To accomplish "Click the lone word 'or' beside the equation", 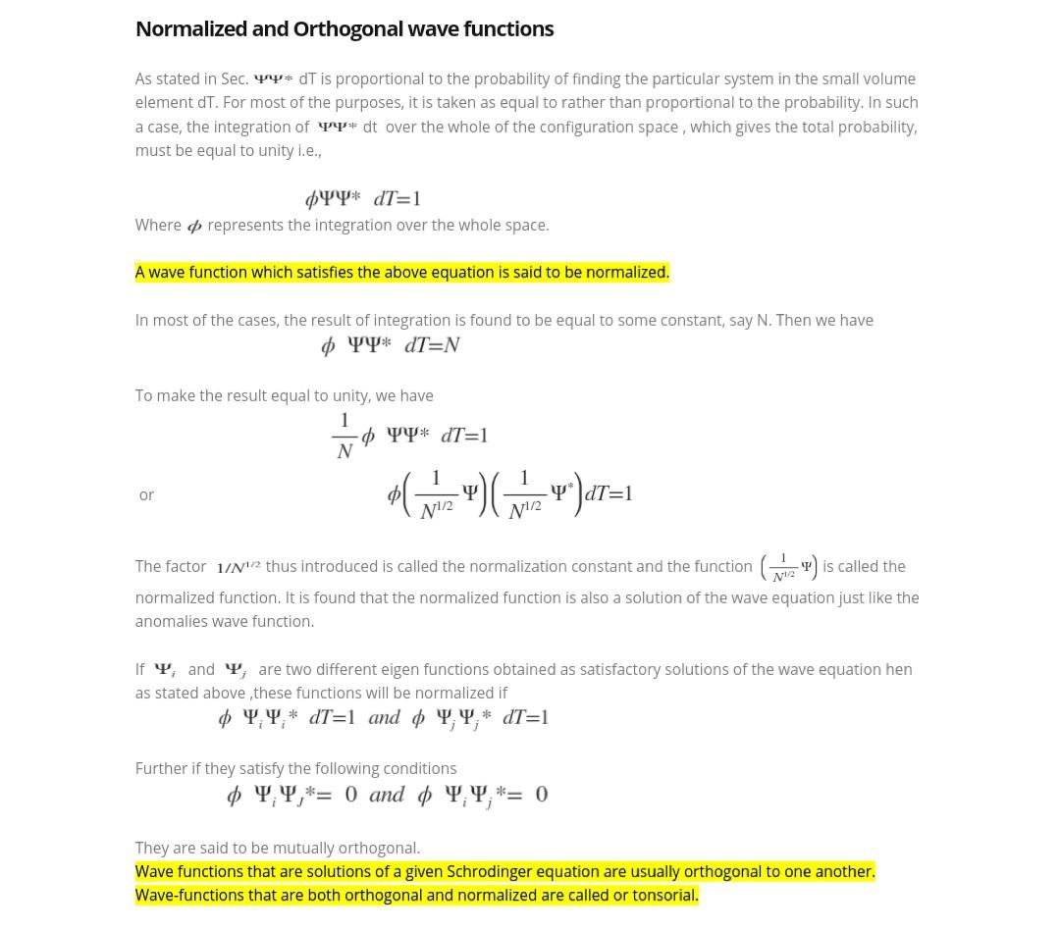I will [x=146, y=495].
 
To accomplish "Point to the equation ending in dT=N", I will [x=391, y=345].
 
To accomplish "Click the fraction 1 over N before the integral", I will [x=344, y=436].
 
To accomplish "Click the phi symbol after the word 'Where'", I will [x=194, y=226].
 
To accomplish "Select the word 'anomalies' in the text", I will [x=170, y=621].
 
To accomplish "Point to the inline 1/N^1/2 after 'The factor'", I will [x=238, y=567].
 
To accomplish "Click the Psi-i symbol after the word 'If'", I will [x=165, y=670].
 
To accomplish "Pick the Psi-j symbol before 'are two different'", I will [x=236, y=670].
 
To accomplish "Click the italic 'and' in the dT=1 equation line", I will [x=384, y=717].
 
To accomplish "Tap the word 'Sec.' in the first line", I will [x=235, y=78].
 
